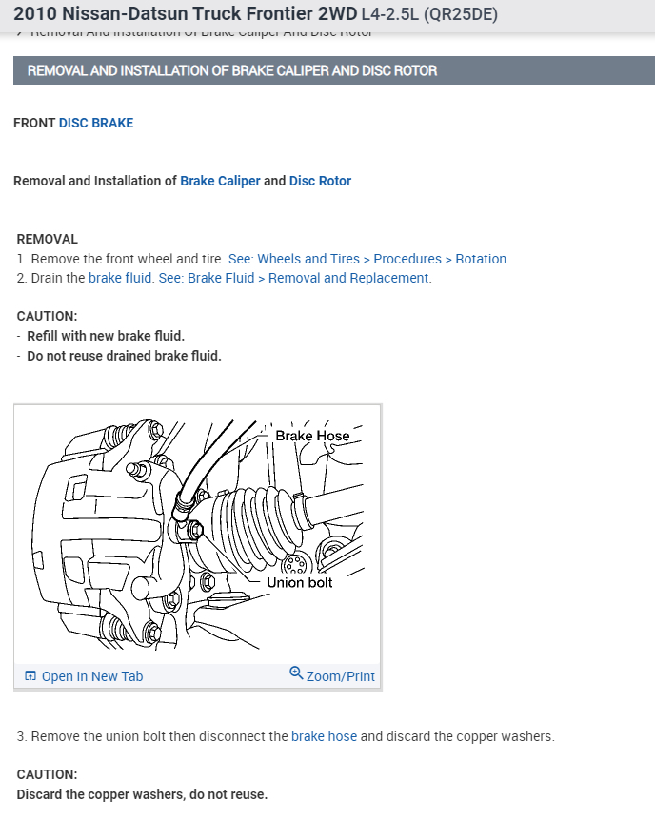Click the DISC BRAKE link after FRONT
point(96,123)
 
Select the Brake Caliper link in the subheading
point(220,181)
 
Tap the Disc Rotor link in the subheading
point(320,181)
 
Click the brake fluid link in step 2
point(121,278)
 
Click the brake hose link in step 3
point(324,736)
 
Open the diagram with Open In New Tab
point(91,676)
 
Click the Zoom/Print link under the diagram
point(340,676)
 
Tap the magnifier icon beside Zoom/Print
point(296,674)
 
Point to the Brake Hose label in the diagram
point(312,436)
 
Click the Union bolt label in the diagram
point(299,582)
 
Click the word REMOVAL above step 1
point(48,239)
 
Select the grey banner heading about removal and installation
point(232,71)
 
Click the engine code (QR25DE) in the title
point(460,14)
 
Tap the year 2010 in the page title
point(35,14)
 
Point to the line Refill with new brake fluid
point(106,336)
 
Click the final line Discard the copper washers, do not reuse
point(142,794)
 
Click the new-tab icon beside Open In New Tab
point(30,676)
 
